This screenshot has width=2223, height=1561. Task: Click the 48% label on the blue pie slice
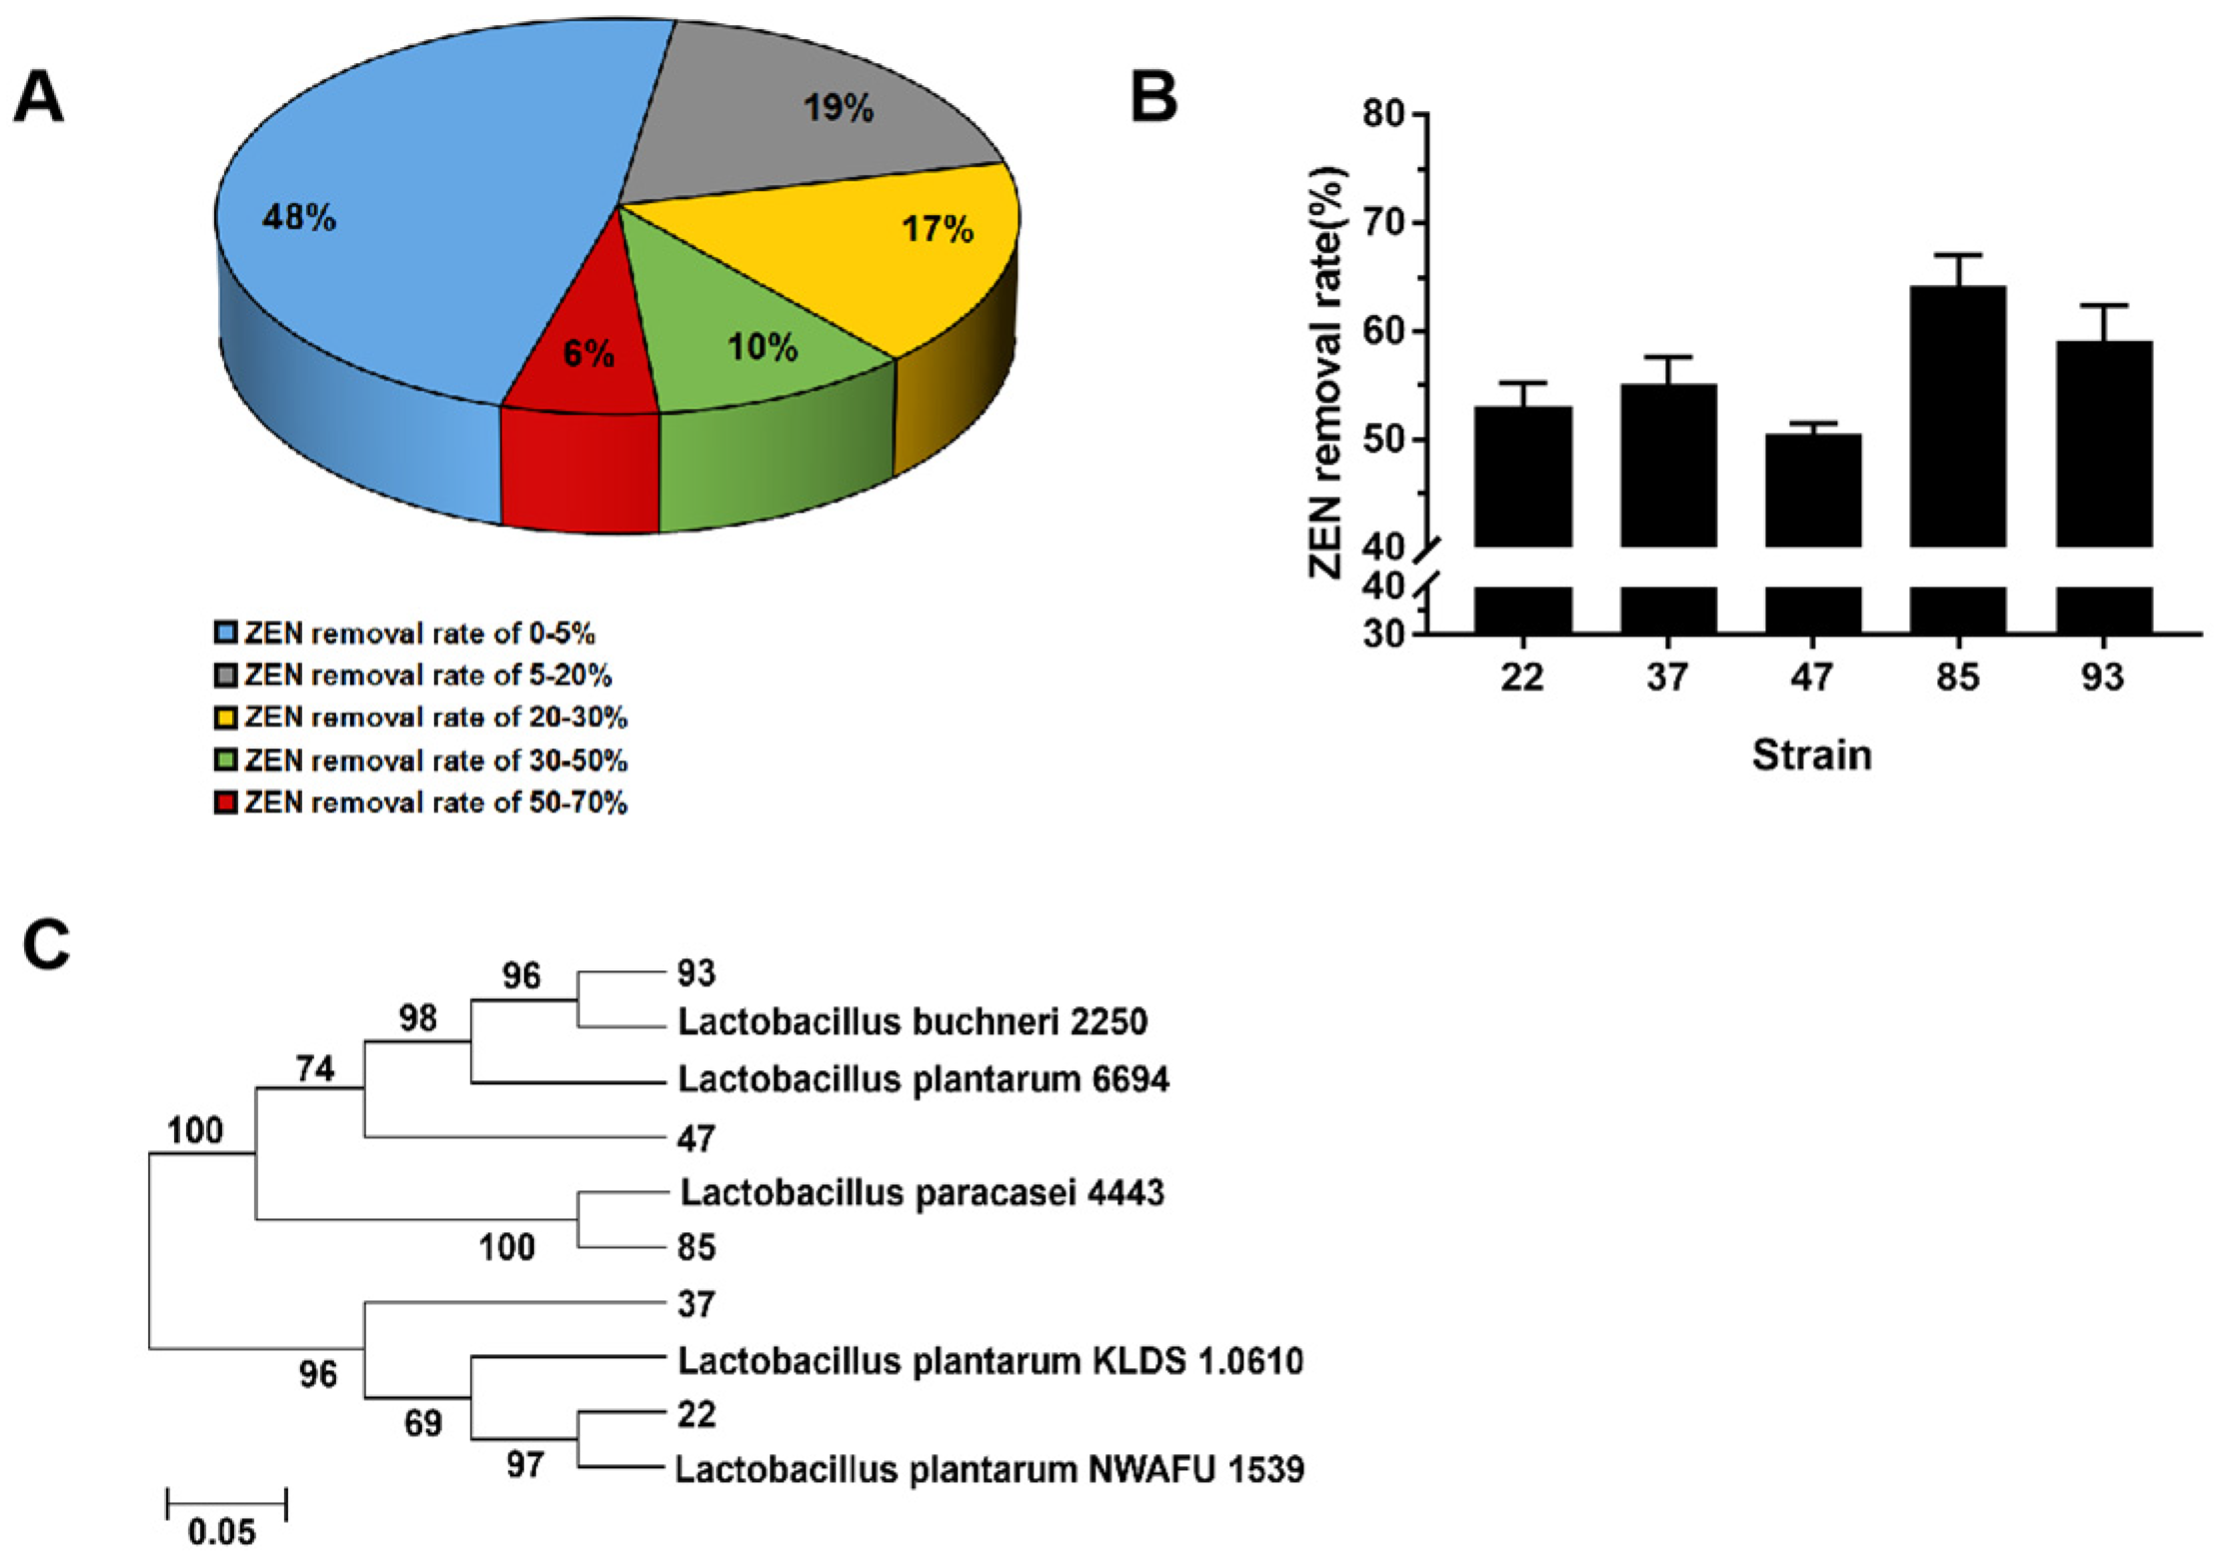pyautogui.click(x=299, y=217)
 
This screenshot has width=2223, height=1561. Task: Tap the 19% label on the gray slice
pyautogui.click(x=839, y=108)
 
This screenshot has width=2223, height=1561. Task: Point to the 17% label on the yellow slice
pyautogui.click(x=937, y=230)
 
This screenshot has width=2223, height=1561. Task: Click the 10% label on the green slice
pyautogui.click(x=763, y=348)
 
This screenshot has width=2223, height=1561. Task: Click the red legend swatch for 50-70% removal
pyautogui.click(x=226, y=802)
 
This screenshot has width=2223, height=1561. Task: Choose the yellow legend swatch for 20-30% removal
pyautogui.click(x=226, y=718)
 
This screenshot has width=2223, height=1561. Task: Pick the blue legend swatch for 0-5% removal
pyautogui.click(x=226, y=633)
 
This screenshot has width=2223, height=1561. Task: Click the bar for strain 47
pyautogui.click(x=1812, y=490)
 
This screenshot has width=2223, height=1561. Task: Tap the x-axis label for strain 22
pyautogui.click(x=1521, y=678)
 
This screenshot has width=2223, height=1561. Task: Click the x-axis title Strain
pyautogui.click(x=1811, y=755)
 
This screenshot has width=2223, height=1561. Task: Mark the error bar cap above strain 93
pyautogui.click(x=2103, y=305)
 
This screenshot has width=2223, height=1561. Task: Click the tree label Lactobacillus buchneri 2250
pyautogui.click(x=913, y=1021)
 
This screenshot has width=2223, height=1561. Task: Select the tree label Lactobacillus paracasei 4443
pyautogui.click(x=922, y=1192)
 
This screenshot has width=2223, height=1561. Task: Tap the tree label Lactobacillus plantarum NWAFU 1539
pyautogui.click(x=990, y=1469)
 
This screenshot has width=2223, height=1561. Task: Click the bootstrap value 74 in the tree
pyautogui.click(x=315, y=1069)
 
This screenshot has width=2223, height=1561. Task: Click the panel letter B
pyautogui.click(x=1153, y=98)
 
